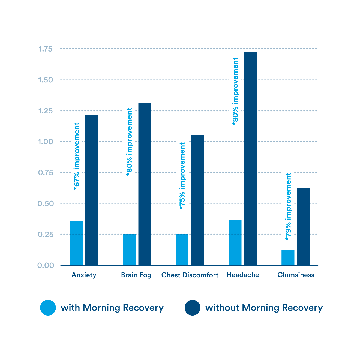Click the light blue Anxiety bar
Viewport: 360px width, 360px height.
(76, 243)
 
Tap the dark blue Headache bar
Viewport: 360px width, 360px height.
(250, 158)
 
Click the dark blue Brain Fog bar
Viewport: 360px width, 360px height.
(145, 184)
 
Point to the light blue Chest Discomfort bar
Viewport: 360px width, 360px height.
(182, 249)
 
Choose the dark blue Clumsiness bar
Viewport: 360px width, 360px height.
(303, 226)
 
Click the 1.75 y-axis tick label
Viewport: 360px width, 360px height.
(45, 49)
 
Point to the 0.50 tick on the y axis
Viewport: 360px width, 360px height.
(46, 203)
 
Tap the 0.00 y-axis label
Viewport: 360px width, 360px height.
(46, 265)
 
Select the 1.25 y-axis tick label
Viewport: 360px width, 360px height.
(45, 111)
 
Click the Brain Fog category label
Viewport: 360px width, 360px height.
(136, 275)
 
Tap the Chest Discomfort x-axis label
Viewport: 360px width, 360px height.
(190, 275)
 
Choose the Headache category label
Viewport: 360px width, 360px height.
(243, 275)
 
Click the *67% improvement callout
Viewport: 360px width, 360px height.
(77, 156)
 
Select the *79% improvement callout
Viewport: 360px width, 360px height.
(288, 206)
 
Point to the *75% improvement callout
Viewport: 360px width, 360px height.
(182, 175)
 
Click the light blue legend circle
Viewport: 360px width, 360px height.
(48, 308)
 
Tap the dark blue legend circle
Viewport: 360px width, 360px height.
(193, 308)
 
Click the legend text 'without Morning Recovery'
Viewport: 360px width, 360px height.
(264, 308)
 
